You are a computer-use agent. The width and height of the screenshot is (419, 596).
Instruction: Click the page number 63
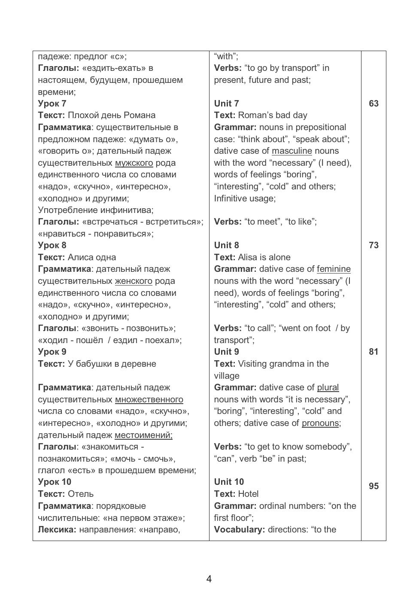[373, 103]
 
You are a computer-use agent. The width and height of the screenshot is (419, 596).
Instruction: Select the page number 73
[373, 245]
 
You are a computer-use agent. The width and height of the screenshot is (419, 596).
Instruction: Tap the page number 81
[373, 352]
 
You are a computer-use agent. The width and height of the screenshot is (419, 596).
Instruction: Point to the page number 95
[373, 486]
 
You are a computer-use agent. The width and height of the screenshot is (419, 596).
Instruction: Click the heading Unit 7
[226, 103]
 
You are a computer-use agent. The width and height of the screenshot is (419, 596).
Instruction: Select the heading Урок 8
[52, 245]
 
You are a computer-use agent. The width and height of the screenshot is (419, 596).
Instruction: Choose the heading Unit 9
[226, 352]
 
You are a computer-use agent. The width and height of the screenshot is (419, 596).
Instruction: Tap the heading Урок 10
[55, 482]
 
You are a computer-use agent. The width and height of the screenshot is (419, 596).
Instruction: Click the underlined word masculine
[291, 151]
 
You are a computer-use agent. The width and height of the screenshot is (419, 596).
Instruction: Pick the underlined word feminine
[334, 269]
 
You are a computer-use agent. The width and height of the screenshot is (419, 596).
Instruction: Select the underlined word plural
[328, 387]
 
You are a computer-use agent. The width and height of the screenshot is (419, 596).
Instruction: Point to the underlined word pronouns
[320, 423]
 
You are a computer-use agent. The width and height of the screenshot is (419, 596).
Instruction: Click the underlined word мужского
[134, 163]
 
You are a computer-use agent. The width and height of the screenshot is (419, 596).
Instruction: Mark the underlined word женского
[134, 281]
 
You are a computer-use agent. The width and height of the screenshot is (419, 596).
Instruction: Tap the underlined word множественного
[149, 399]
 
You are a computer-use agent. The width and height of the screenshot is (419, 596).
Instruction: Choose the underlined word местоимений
[143, 435]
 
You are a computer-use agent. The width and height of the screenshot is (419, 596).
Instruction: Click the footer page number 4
[209, 579]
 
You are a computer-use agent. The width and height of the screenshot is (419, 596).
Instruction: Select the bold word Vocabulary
[239, 529]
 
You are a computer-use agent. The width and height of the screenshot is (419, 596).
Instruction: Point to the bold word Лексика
[57, 529]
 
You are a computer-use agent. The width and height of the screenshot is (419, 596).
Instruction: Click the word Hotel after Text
[248, 494]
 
